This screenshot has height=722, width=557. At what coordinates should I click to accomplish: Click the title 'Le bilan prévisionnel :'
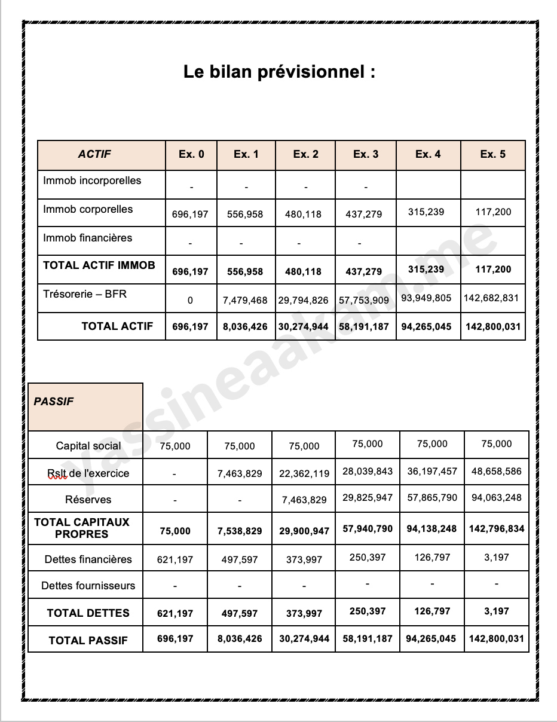[x=279, y=73]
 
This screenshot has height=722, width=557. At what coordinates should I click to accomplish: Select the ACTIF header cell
[x=94, y=154]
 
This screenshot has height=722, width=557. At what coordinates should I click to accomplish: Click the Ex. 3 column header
[x=365, y=154]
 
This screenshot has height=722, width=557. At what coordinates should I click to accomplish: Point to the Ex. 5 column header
[x=492, y=154]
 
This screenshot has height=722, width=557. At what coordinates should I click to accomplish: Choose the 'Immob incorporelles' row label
[x=92, y=180]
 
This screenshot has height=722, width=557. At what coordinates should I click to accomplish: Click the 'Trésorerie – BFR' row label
[x=85, y=294]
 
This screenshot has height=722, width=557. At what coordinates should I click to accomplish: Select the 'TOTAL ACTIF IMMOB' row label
[x=99, y=265]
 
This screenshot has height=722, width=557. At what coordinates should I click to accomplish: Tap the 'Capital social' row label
[x=88, y=446]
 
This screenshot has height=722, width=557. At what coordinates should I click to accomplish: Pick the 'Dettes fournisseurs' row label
[x=88, y=586]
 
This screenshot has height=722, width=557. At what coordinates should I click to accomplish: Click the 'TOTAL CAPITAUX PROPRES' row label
[x=82, y=528]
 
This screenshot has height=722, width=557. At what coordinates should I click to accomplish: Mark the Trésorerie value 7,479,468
[x=245, y=300]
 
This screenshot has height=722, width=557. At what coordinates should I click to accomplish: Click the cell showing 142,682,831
[x=493, y=298]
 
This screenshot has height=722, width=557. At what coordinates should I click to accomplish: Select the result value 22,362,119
[x=304, y=474]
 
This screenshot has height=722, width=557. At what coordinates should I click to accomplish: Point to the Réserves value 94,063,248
[x=496, y=497]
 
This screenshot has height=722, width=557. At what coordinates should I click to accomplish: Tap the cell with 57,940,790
[x=368, y=528]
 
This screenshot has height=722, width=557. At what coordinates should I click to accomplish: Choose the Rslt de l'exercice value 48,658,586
[x=496, y=471]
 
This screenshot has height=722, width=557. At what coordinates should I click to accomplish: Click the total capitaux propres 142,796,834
[x=496, y=528]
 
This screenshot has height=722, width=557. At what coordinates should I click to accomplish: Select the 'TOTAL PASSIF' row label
[x=88, y=641]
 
